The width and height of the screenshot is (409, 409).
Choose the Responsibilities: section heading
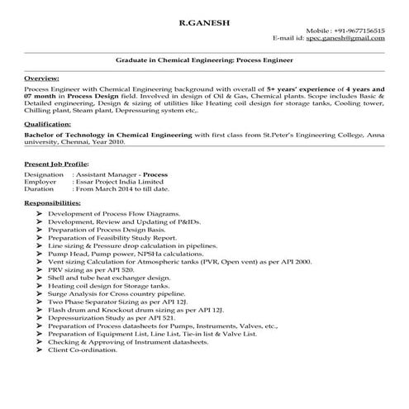[x=52, y=202]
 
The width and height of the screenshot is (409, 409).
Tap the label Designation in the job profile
[x=45, y=176]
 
